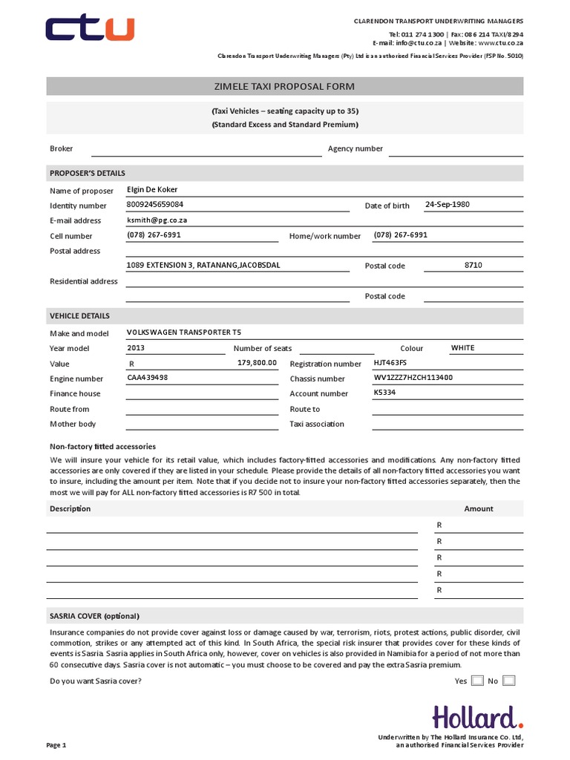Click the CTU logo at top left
click(90, 30)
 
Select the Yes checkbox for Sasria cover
click(477, 681)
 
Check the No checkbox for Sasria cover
click(508, 681)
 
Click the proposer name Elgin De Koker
click(152, 189)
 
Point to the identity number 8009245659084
click(155, 204)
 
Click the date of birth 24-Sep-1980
click(448, 204)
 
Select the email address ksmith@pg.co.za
click(156, 220)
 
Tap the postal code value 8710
click(473, 265)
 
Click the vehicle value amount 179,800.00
click(257, 363)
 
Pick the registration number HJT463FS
click(390, 363)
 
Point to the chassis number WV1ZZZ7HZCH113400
click(413, 378)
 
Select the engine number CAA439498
click(148, 378)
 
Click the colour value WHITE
click(462, 347)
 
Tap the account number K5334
click(384, 393)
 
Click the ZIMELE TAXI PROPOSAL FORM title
click(285, 87)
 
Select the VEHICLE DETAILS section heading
click(79, 315)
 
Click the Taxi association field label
click(317, 424)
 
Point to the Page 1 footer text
click(56, 744)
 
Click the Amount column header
click(478, 508)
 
